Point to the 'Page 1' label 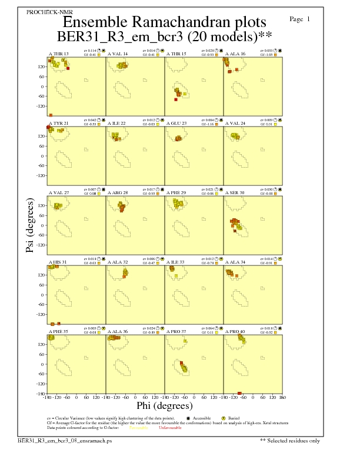(x=300, y=19)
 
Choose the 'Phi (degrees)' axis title (x=165, y=405)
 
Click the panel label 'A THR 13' (x=58, y=54)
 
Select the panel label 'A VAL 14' (x=117, y=54)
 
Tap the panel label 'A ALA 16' (x=235, y=54)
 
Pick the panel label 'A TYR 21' (x=59, y=124)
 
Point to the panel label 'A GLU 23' (x=176, y=124)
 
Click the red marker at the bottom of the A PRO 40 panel (x=239, y=393)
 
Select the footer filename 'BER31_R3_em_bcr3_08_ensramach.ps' (x=64, y=440)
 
